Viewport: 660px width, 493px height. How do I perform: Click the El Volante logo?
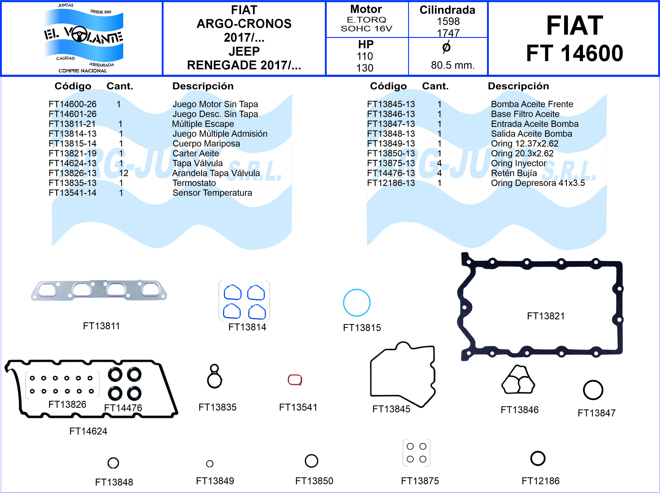tap(83, 38)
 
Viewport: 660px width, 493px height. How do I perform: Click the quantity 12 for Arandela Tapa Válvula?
tap(124, 173)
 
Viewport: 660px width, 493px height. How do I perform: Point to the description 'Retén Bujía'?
tap(514, 173)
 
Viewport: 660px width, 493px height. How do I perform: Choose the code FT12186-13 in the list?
tap(391, 183)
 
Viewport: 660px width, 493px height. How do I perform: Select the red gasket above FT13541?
tap(295, 380)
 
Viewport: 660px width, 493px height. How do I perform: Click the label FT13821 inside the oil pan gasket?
tap(546, 316)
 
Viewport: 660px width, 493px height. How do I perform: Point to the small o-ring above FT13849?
tap(210, 463)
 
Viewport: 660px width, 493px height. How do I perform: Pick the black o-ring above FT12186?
tap(538, 459)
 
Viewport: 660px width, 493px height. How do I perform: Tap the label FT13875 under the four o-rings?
tap(420, 481)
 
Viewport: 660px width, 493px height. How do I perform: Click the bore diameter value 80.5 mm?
tap(453, 65)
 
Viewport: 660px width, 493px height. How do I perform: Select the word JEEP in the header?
tap(244, 51)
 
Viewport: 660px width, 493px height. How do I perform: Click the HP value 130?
tap(365, 68)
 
